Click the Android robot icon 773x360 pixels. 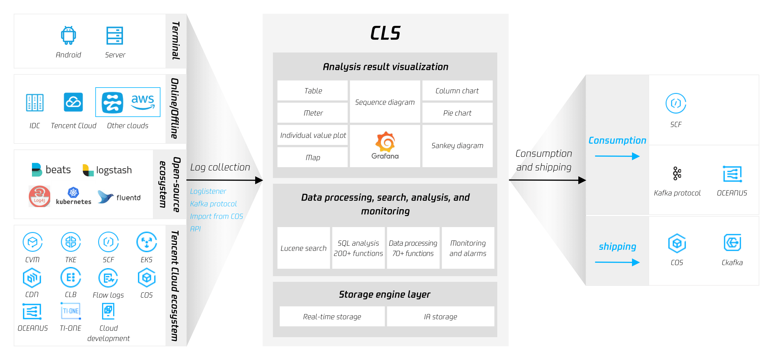pyautogui.click(x=69, y=35)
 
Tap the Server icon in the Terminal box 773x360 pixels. pyautogui.click(x=115, y=35)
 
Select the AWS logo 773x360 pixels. pyautogui.click(x=142, y=101)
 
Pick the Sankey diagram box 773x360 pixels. pyautogui.click(x=457, y=146)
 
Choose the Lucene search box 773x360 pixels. pyautogui.click(x=303, y=248)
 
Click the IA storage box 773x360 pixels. pyautogui.click(x=440, y=317)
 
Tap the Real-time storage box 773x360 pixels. pyautogui.click(x=332, y=317)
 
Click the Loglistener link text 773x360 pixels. pyautogui.click(x=208, y=191)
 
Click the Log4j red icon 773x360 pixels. pyautogui.click(x=39, y=196)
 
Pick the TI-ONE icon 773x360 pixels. pyautogui.click(x=71, y=311)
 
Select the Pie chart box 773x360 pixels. pyautogui.click(x=457, y=113)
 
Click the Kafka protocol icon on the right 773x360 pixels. pyautogui.click(x=677, y=173)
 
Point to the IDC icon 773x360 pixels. pyautogui.click(x=35, y=103)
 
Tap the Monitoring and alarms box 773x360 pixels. pyautogui.click(x=468, y=248)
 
